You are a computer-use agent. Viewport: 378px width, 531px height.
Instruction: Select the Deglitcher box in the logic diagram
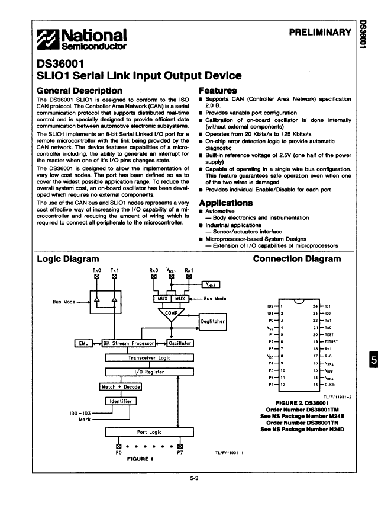coord(213,322)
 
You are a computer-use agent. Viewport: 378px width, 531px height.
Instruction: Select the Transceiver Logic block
coord(149,357)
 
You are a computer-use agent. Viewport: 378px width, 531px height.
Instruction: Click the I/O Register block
coord(149,372)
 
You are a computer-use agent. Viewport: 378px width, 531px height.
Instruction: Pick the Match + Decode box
coord(121,387)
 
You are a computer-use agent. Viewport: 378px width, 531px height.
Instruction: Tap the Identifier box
coord(121,401)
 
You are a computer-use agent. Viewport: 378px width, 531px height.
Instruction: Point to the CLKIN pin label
coord(329,384)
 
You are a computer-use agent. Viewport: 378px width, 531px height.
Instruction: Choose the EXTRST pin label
coord(331,342)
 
